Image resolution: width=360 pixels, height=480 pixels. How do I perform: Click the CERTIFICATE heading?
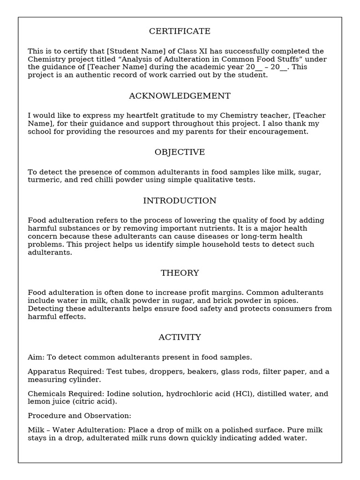180,31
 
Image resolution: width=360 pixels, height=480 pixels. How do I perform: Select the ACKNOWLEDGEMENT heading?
180,96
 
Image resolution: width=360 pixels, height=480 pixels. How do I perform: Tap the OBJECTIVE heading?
180,152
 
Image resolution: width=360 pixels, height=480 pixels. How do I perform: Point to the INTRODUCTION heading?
180,201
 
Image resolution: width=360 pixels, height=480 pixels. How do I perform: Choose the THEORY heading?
180,273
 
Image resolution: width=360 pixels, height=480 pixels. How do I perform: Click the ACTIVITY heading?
180,337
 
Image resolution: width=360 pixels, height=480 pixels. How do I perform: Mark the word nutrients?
218,228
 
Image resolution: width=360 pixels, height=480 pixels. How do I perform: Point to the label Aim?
36,357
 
